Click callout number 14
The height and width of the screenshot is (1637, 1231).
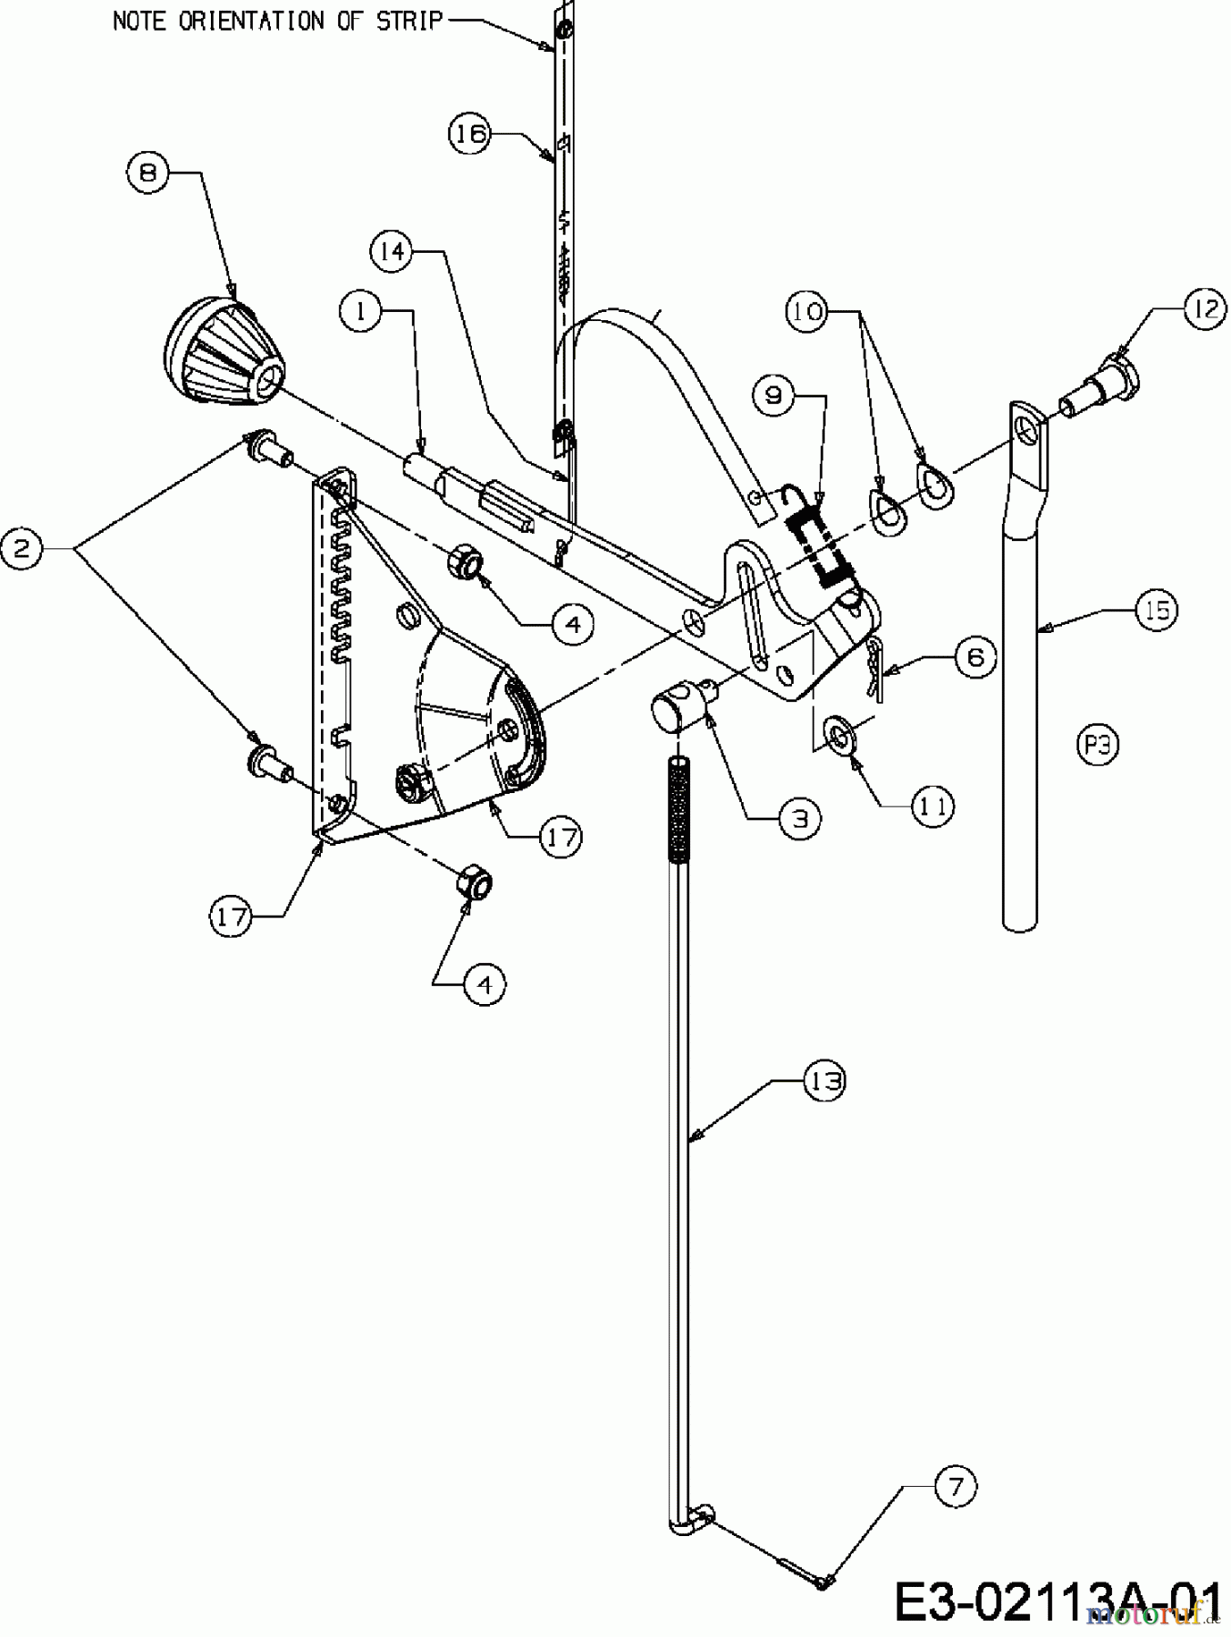tap(392, 251)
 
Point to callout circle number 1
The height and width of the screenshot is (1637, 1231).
tap(361, 312)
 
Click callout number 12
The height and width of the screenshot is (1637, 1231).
tap(1205, 310)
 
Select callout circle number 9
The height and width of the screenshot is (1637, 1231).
tap(774, 396)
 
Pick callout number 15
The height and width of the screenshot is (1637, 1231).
tap(1157, 610)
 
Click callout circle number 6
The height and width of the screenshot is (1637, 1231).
tap(976, 656)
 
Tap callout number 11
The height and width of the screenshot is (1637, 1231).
tap(933, 805)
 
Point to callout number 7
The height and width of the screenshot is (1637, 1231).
tap(954, 1488)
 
